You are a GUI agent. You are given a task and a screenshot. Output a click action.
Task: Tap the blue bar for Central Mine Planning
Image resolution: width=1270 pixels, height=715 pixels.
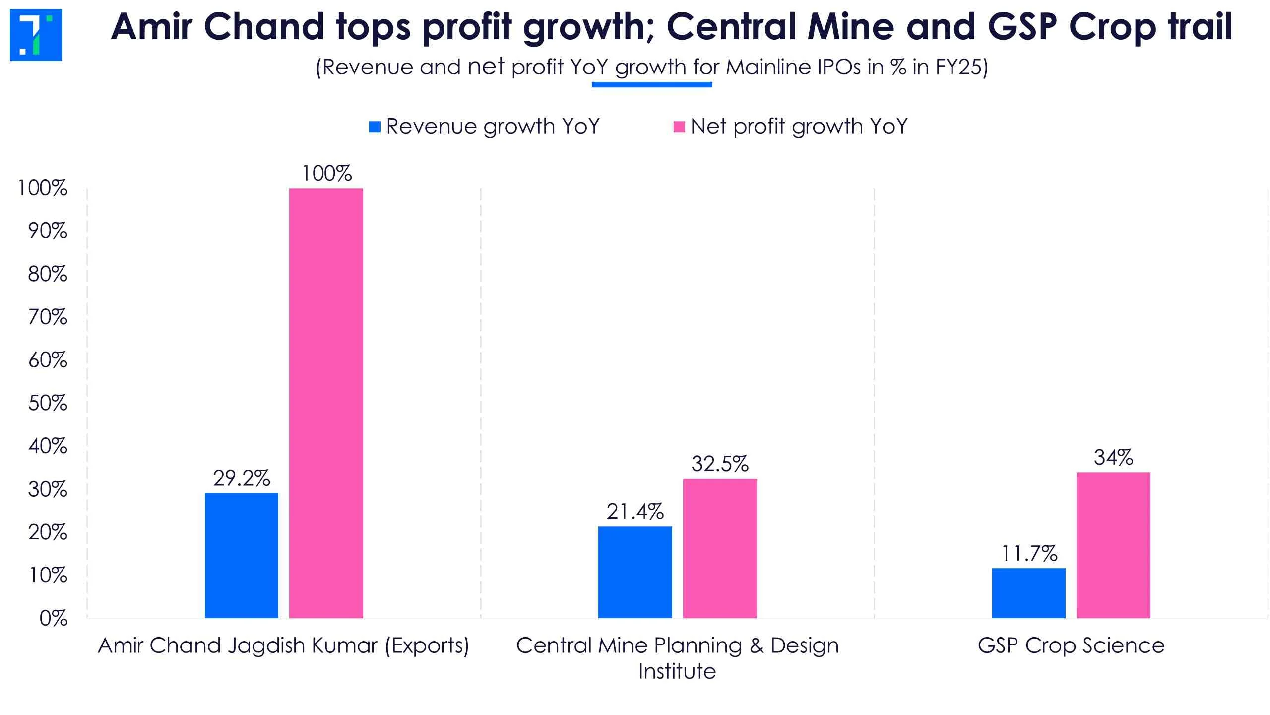point(635,572)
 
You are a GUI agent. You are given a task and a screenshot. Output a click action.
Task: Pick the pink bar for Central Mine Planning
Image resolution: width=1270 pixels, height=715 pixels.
point(720,548)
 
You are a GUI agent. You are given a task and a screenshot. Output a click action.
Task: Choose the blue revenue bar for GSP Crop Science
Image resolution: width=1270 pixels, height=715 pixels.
point(1028,593)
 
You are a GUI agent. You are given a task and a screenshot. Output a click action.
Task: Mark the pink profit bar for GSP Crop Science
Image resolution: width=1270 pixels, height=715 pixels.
point(1113,545)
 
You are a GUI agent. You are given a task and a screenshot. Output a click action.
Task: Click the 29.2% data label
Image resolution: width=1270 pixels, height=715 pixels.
point(242,478)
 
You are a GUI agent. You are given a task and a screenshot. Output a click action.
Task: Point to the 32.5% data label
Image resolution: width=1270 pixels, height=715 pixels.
point(720,464)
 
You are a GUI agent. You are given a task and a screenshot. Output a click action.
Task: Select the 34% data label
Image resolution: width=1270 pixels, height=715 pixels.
point(1113,457)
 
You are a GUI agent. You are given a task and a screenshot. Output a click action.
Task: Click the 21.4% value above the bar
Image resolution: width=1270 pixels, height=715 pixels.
point(635,512)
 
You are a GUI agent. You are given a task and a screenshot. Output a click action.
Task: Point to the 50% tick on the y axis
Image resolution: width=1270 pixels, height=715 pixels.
point(48,403)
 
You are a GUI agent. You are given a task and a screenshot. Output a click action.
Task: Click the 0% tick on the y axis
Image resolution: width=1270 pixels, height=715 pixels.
point(53,618)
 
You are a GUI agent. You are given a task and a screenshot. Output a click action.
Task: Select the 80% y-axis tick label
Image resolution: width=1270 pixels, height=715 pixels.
point(48,274)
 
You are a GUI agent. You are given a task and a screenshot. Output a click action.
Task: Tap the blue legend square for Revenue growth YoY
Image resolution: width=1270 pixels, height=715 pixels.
point(375,127)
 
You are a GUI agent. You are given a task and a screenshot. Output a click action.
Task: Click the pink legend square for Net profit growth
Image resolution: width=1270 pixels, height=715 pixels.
point(679,127)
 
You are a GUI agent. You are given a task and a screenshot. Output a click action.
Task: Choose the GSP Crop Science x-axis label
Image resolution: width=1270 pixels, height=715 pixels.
point(1071,645)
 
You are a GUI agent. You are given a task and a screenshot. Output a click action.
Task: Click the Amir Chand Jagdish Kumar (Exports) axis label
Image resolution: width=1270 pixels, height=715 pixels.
point(283,645)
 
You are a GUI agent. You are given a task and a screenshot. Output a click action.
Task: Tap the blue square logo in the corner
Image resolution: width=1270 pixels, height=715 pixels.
point(36,35)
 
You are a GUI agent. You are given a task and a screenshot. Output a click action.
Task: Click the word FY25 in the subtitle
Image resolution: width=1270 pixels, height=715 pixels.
point(958,67)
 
